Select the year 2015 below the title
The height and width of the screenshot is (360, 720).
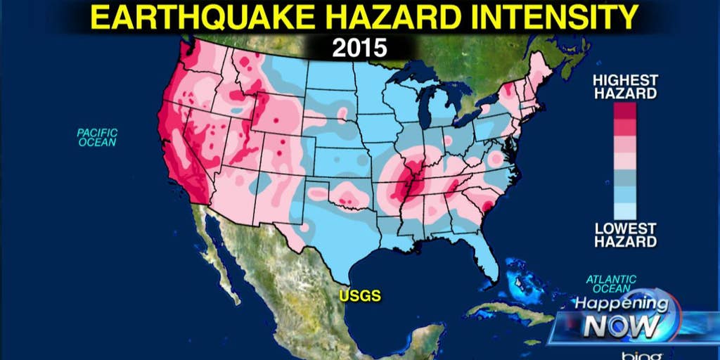click(x=359, y=49)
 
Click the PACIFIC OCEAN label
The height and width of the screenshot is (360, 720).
click(x=97, y=137)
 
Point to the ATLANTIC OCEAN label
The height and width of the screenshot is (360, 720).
click(x=611, y=283)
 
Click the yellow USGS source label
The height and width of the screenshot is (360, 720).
click(x=360, y=296)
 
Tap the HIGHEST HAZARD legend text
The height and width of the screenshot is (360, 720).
click(x=624, y=86)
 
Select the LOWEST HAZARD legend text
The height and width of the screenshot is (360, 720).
click(x=624, y=235)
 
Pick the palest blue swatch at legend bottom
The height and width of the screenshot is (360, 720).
click(x=624, y=211)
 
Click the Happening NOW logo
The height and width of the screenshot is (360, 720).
click(x=619, y=316)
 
